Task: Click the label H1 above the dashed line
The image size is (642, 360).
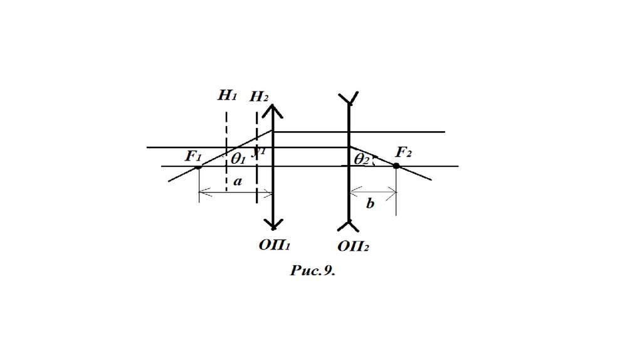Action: pos(226,95)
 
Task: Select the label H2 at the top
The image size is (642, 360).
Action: pos(259,97)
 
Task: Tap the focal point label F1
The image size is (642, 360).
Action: pos(192,156)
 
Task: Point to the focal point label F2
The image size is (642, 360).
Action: pos(403,152)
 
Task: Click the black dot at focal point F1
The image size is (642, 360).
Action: pos(198,167)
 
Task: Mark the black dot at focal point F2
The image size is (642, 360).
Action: pos(396,166)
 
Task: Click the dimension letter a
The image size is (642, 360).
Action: pos(237,182)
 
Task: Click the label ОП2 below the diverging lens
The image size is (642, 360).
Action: pos(352,246)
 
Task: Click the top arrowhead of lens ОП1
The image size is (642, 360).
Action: pos(273,110)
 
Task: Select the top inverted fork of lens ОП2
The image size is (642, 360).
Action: pos(348,98)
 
